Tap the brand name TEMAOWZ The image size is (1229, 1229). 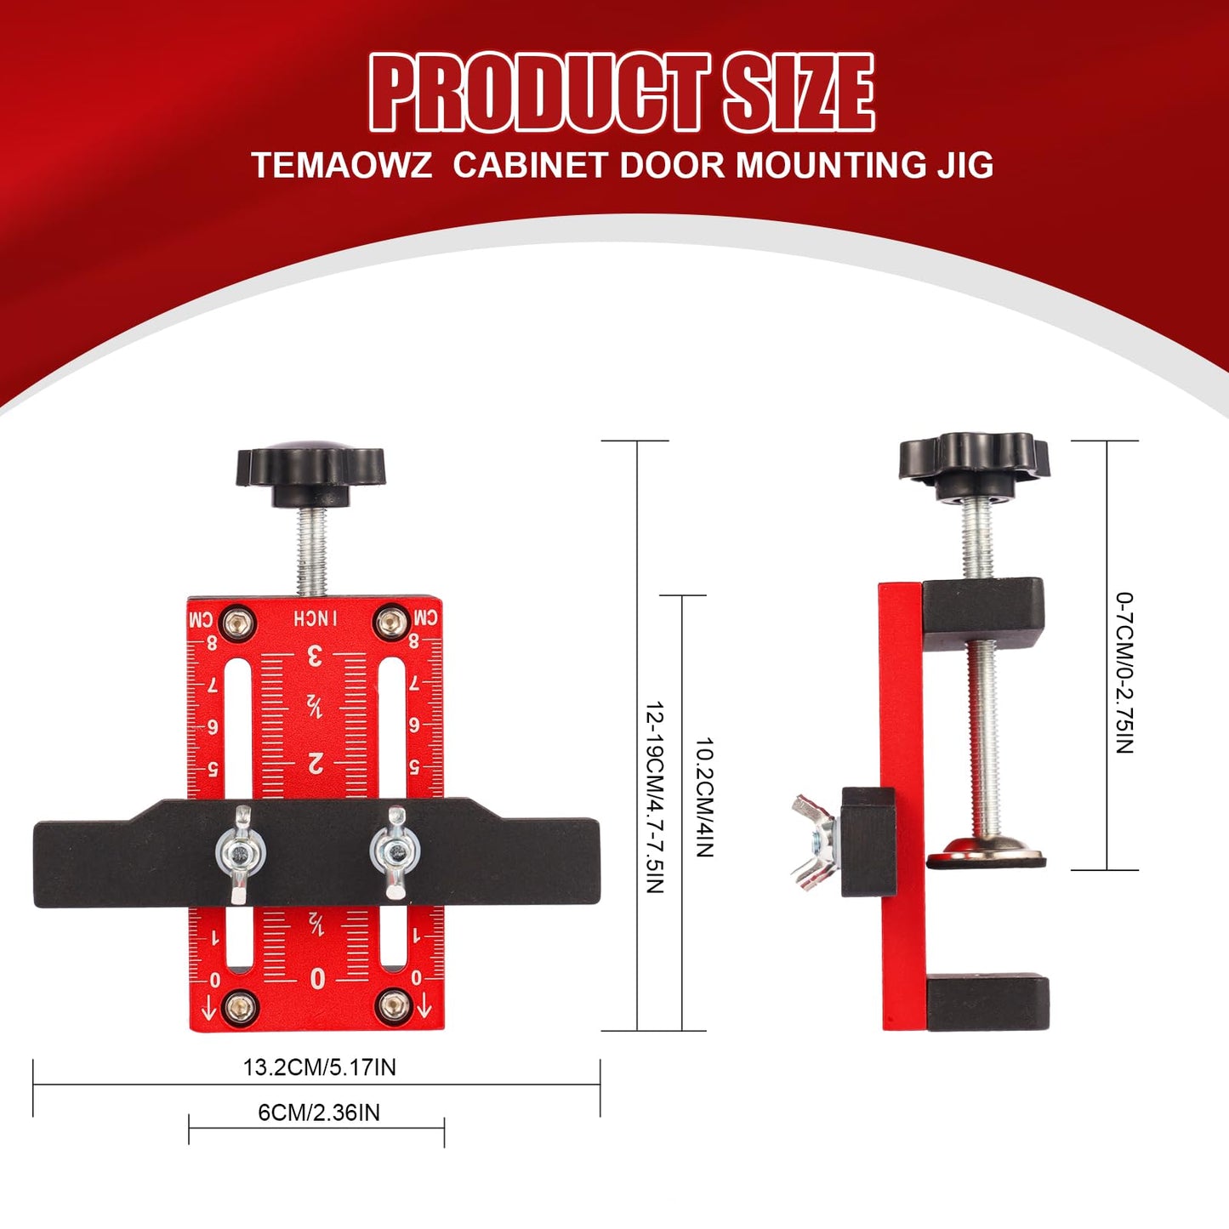point(342,165)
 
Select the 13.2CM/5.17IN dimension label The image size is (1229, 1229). point(319,1067)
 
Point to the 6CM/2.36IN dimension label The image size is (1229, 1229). point(319,1112)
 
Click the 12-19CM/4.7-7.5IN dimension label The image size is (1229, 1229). point(654,797)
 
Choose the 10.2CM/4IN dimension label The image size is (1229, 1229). point(704,797)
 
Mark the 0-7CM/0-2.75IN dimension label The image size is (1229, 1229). point(1124,673)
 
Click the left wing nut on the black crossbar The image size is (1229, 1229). point(241,851)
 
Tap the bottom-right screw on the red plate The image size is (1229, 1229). point(393,1006)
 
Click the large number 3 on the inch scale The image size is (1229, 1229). point(315,656)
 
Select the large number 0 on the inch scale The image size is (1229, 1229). point(317,979)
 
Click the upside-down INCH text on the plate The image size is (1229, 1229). point(316,618)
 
